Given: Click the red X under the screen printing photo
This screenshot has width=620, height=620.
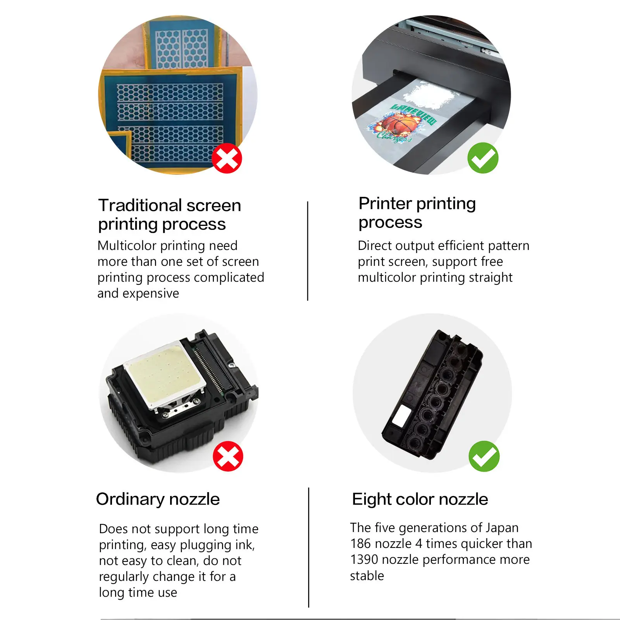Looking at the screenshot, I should (227, 158).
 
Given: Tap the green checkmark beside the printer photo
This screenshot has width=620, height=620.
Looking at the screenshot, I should (483, 158).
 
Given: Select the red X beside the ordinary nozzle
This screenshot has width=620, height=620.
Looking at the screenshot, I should (228, 456).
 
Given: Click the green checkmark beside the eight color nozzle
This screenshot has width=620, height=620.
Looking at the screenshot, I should (484, 456).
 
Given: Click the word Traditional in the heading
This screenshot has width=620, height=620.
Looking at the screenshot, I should (134, 205).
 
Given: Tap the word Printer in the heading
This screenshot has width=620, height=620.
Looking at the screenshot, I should (385, 203).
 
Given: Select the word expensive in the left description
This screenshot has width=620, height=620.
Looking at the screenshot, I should (151, 294).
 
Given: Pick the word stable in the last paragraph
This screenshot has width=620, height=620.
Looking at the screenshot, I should (367, 576).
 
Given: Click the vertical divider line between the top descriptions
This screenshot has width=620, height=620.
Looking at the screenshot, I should (308, 251).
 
